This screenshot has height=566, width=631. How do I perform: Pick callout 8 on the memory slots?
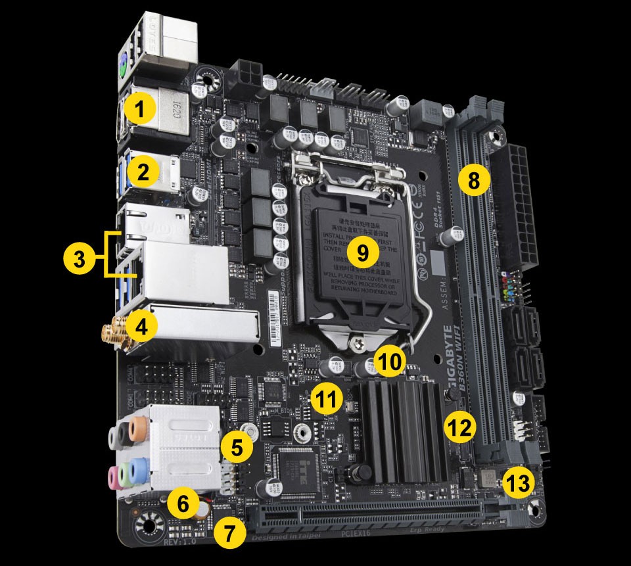[474, 179]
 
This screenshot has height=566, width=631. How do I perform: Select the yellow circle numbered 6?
[183, 505]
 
